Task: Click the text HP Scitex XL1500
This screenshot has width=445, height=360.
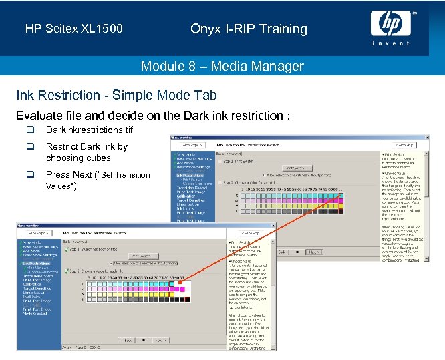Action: [x=74, y=29]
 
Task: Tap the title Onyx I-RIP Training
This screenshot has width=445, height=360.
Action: [x=249, y=29]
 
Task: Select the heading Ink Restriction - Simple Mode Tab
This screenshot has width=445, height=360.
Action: [x=116, y=96]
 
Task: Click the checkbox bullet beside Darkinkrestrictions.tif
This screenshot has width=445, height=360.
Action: [x=30, y=130]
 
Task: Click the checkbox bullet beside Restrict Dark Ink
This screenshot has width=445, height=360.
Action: [x=30, y=147]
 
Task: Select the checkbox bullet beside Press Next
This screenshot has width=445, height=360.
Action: [x=30, y=175]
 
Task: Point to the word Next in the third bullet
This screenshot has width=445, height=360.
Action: [x=82, y=175]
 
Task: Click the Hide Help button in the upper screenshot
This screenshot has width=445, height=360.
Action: [x=405, y=144]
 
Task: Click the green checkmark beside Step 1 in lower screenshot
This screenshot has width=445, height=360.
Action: [x=67, y=248]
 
